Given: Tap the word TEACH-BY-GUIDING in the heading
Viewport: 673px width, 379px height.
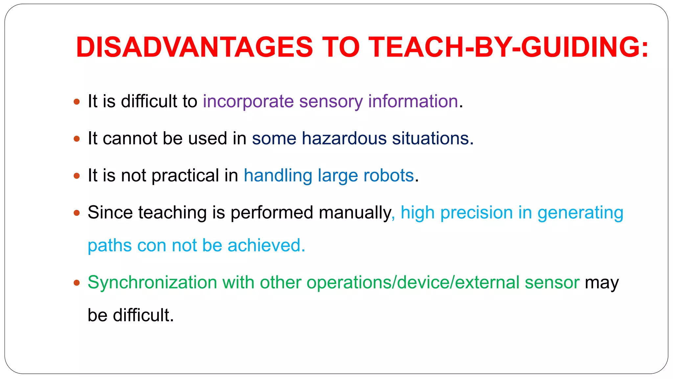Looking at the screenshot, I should coord(508,47).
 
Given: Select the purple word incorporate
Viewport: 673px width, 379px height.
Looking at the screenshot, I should coord(248,101).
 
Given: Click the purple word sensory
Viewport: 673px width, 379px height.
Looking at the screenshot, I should coord(331,101).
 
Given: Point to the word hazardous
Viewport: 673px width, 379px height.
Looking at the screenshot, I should coord(344,138).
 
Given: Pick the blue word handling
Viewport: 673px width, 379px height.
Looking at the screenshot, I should coord(278,175).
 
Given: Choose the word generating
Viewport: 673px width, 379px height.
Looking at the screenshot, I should coord(580,213).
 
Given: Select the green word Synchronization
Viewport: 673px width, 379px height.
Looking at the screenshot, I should coord(152,282).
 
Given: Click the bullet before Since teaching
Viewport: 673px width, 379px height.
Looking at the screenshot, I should coord(77,213).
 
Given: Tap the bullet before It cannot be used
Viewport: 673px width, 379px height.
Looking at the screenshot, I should coord(77,139).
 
